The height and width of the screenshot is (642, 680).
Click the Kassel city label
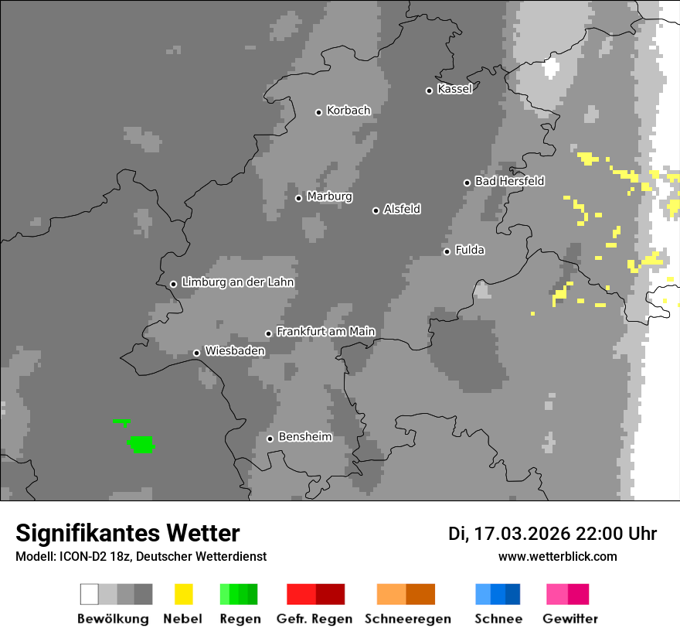[454, 89]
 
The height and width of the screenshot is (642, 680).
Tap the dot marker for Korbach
[318, 112]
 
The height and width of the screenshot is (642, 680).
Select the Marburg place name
[329, 196]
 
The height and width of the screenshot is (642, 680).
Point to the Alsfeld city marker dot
[376, 210]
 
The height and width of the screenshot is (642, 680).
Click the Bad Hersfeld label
[509, 181]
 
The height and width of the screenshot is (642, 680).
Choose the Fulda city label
[470, 250]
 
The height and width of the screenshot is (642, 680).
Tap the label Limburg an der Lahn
[237, 282]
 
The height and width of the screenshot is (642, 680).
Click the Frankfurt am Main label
[325, 331]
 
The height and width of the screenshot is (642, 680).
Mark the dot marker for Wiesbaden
[196, 353]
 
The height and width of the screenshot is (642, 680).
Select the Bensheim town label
[304, 437]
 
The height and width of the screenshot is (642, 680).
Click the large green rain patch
[141, 444]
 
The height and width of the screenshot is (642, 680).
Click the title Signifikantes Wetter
[127, 533]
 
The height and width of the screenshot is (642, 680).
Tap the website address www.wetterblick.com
[557, 556]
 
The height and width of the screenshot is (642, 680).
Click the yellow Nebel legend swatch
[183, 594]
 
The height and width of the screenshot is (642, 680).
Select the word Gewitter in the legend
[570, 619]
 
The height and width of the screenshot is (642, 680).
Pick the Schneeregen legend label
[407, 619]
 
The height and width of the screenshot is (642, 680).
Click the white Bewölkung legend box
[90, 594]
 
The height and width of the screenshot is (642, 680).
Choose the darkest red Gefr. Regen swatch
[330, 594]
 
